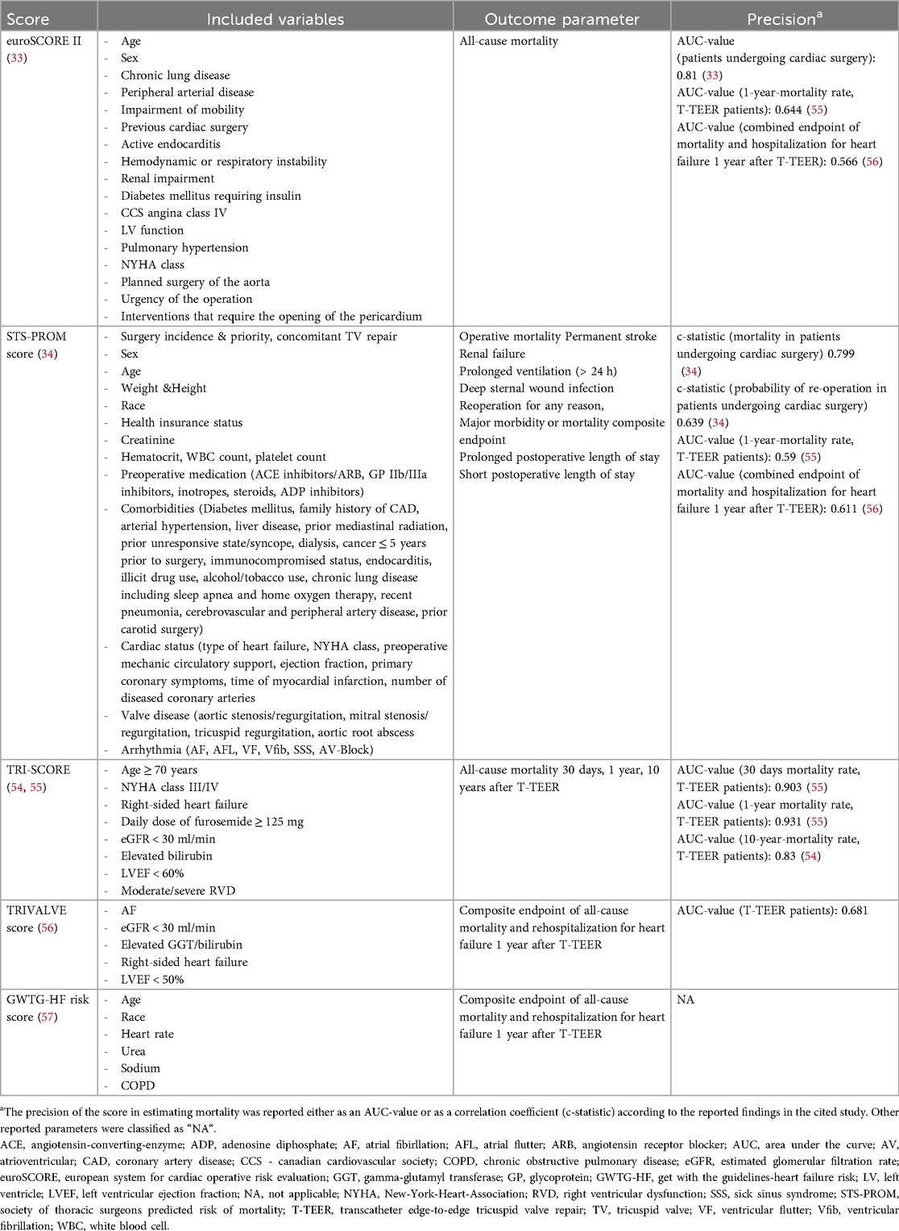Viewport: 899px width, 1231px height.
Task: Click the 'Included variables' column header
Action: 275,19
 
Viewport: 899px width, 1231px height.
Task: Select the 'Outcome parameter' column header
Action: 561,19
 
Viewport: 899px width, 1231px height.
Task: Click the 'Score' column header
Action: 28,19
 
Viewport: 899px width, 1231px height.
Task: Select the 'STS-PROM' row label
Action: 37,337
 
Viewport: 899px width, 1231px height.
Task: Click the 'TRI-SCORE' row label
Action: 39,770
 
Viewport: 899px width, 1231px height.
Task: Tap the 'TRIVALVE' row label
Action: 37,910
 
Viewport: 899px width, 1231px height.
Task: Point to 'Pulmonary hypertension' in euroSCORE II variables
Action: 184,247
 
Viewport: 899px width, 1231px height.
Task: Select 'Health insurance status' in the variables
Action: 181,423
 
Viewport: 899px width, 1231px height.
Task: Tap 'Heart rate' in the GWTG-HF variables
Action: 147,1034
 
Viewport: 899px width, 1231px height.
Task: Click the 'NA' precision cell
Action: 686,1000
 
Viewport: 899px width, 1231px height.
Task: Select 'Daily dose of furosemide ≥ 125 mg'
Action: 212,822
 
